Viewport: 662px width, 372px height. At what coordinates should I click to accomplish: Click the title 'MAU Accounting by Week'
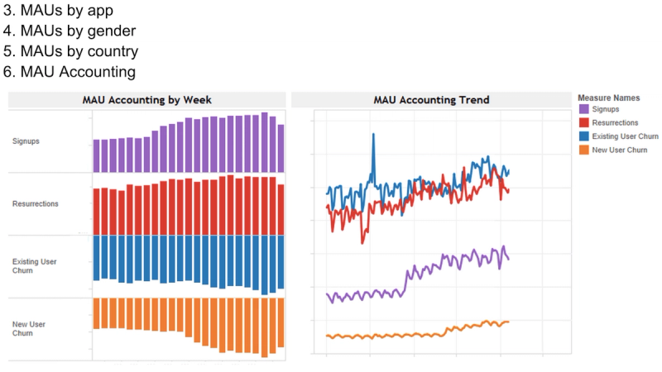click(x=146, y=100)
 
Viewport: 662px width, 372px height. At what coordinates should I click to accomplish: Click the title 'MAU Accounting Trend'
click(x=431, y=100)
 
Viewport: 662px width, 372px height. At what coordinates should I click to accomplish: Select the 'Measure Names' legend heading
click(x=607, y=98)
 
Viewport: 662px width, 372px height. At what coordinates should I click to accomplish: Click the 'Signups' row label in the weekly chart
click(x=26, y=141)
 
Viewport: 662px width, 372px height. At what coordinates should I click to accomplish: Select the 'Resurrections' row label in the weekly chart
click(x=36, y=203)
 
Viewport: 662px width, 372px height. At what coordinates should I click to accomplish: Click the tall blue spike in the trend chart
click(x=373, y=135)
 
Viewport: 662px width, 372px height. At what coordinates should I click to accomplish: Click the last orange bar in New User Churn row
click(x=281, y=322)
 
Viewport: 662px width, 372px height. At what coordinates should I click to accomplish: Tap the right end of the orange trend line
click(x=508, y=322)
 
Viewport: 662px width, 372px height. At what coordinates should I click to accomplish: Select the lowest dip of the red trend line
click(x=362, y=241)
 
